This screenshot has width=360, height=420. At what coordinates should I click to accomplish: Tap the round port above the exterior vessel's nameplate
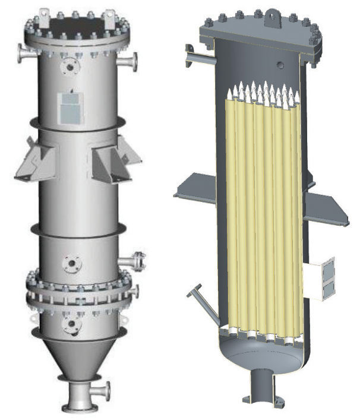tap(71, 68)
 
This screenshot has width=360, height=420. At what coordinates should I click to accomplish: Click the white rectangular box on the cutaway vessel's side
tap(320, 279)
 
